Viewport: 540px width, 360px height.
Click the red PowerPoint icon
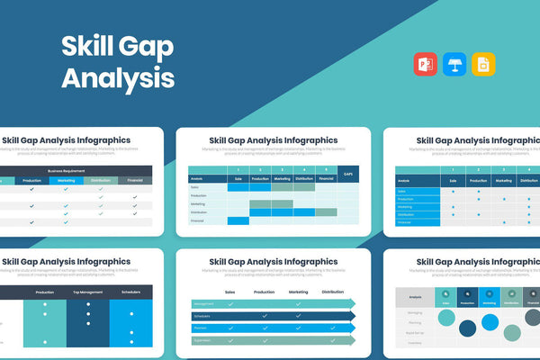(x=426, y=64)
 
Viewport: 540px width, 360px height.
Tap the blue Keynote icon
(x=454, y=64)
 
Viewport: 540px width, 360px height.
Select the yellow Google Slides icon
(x=483, y=64)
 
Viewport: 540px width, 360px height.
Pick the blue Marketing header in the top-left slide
(x=66, y=180)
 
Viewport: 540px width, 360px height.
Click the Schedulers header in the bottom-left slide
(x=131, y=292)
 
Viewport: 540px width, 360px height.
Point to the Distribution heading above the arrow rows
(x=333, y=292)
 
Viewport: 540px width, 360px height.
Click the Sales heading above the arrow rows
(x=229, y=292)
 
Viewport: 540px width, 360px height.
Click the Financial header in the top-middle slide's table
(x=325, y=178)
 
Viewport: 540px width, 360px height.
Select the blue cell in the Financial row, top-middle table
(x=238, y=220)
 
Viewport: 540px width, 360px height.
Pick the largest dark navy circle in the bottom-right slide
(x=468, y=328)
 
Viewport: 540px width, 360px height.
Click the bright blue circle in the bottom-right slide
(x=490, y=322)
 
